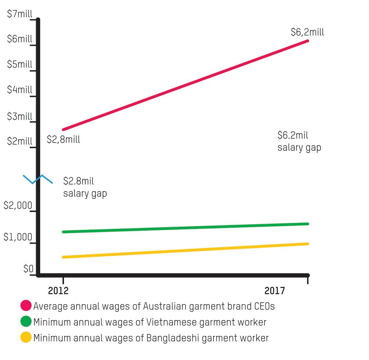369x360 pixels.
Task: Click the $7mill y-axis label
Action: click(x=20, y=14)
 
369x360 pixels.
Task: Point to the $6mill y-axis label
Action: click(x=20, y=39)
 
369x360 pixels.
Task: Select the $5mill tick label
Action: click(x=20, y=64)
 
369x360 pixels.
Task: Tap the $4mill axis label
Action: click(x=20, y=89)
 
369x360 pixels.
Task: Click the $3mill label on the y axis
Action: click(x=20, y=116)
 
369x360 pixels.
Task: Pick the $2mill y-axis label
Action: click(x=20, y=141)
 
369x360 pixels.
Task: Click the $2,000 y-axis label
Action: click(x=18, y=205)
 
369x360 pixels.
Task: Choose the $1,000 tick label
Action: click(x=18, y=237)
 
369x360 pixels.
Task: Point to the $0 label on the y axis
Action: click(x=29, y=269)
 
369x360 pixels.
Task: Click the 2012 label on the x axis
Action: click(x=58, y=291)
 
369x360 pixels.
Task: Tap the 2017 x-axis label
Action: click(x=275, y=291)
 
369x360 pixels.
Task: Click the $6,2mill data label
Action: click(x=307, y=32)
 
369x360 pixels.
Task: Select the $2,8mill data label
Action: click(x=64, y=140)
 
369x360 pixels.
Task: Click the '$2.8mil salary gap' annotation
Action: click(x=85, y=187)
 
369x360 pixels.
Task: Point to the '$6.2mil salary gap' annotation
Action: click(x=299, y=141)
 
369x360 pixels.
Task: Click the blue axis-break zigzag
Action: click(x=38, y=179)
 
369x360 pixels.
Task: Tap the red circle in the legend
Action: click(x=26, y=306)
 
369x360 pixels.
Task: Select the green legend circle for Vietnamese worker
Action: click(x=26, y=322)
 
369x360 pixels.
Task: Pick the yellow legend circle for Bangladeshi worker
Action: click(x=26, y=337)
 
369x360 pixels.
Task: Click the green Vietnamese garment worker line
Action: click(x=185, y=228)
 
